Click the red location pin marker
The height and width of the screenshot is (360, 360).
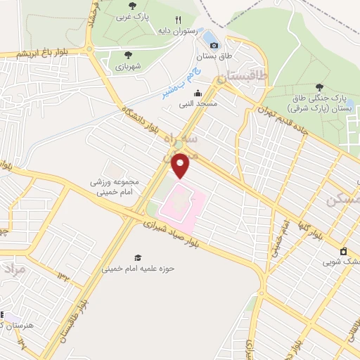[x=181, y=165]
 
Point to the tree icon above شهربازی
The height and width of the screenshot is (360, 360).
[x=128, y=54]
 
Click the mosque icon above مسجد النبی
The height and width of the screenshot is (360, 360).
[x=198, y=94]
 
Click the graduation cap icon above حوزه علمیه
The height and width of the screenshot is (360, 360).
[x=138, y=258]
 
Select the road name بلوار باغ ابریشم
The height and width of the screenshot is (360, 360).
[x=27, y=54]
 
